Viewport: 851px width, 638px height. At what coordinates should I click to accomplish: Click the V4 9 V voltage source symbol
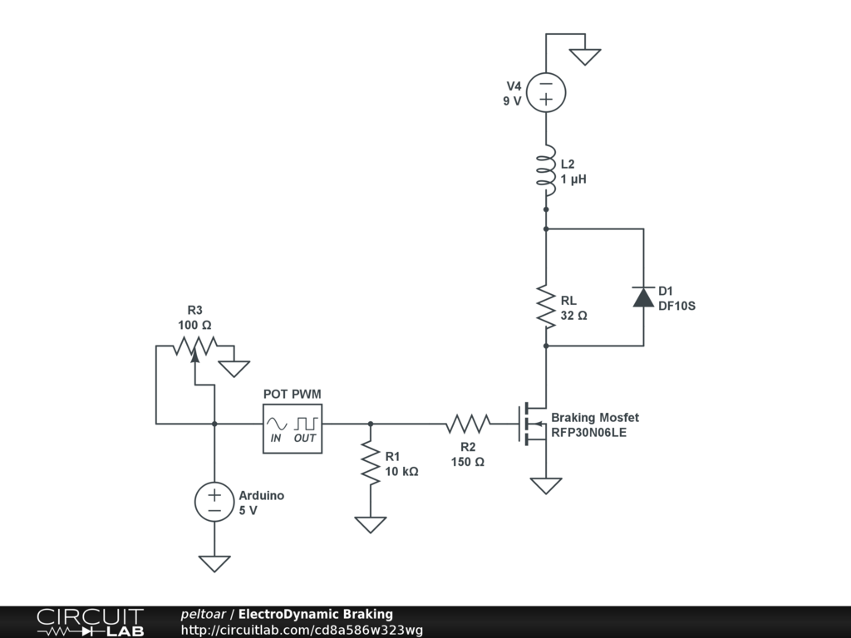546,91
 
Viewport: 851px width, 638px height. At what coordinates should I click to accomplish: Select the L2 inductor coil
546,169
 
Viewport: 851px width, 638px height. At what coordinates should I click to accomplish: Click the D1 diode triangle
643,297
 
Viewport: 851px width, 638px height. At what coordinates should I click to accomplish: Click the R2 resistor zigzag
468,425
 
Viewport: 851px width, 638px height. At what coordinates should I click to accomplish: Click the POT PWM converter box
293,429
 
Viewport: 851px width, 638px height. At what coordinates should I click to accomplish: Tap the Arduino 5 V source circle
214,502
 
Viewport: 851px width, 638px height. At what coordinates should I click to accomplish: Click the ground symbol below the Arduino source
214,563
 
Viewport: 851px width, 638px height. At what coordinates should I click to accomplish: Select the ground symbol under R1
371,524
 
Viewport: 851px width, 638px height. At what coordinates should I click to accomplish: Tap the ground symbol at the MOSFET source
546,485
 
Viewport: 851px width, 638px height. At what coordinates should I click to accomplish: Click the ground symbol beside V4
585,56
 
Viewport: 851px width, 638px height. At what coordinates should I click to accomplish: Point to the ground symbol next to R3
235,368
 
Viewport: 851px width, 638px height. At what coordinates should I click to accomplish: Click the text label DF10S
676,306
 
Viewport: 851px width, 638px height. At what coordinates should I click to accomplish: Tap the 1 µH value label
573,179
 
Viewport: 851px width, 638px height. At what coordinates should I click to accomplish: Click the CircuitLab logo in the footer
90,621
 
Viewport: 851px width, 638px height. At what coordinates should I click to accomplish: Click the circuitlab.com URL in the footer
302,630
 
